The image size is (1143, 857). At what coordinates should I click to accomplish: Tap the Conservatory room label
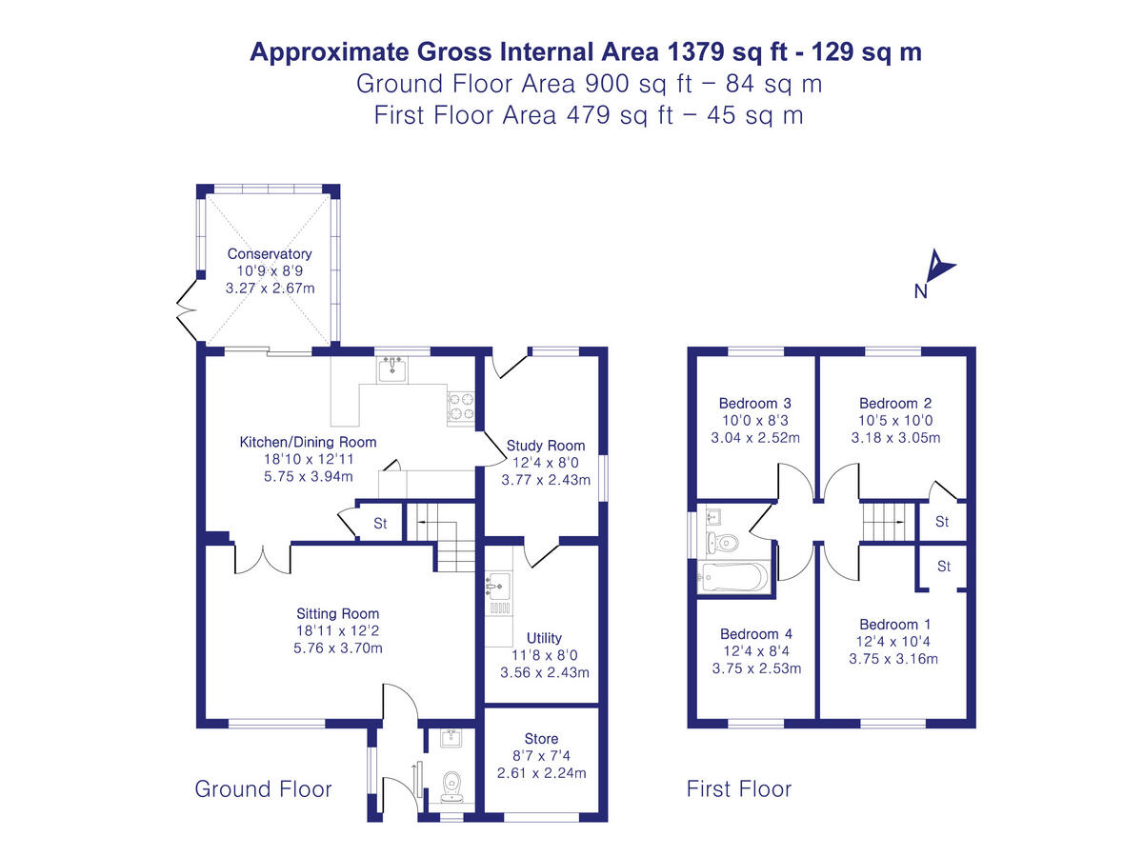270,254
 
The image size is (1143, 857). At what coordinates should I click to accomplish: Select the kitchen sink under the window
391,369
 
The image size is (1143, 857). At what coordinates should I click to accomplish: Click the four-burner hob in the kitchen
461,407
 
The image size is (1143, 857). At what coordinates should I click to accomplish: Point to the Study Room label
546,446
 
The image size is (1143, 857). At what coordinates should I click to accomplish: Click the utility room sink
499,584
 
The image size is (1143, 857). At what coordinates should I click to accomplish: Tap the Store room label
541,739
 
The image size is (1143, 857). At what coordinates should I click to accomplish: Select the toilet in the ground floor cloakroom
453,783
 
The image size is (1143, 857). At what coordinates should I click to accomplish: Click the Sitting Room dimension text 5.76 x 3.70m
338,648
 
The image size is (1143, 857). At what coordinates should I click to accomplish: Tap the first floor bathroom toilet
723,543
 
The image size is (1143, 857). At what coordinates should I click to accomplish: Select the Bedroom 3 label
755,403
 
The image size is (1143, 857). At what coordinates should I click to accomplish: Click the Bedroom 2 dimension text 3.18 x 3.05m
895,438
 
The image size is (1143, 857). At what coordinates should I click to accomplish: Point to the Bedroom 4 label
756,634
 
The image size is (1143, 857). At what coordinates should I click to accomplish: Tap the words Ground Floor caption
263,789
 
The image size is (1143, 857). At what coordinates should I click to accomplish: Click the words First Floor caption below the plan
739,789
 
